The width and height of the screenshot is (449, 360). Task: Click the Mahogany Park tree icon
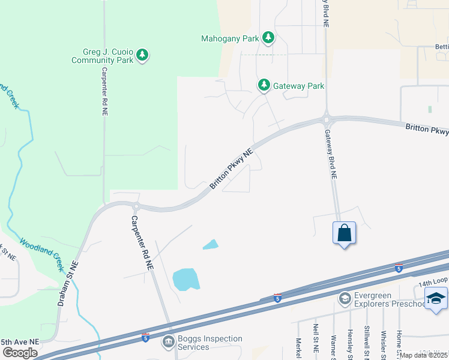pos(268,39)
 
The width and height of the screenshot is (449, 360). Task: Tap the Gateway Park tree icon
pos(264,86)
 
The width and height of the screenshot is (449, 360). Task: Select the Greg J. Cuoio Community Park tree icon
pos(142,55)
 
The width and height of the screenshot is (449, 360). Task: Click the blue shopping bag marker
pos(345,233)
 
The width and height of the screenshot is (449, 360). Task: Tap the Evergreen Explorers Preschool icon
pos(345,298)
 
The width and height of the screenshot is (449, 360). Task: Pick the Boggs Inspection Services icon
pos(169,343)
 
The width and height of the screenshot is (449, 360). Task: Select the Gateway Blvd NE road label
pos(331,155)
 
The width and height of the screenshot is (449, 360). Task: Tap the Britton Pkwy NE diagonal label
pos(232,170)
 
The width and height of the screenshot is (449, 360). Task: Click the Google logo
pos(20,353)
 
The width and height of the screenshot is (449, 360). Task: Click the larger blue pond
pos(186,279)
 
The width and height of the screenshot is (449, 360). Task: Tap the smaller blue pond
pos(211,244)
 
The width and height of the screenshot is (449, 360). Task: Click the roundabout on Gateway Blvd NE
pos(327,118)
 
